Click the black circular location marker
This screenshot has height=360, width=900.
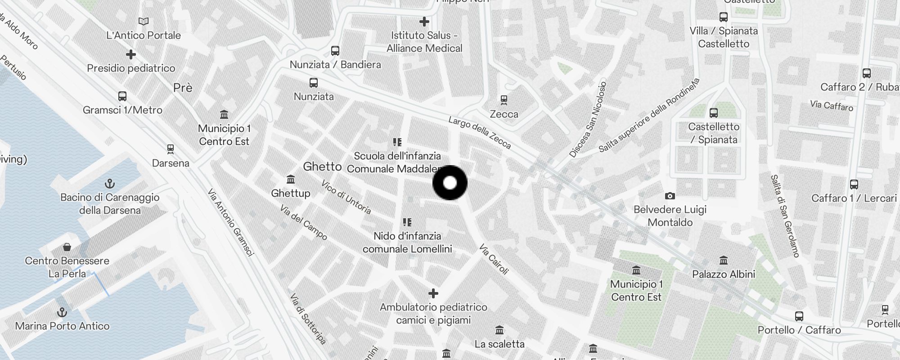pos(450,183)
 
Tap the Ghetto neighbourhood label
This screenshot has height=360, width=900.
pos(322,166)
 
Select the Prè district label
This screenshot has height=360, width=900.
pos(183,88)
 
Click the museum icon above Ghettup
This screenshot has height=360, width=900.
pos(291,180)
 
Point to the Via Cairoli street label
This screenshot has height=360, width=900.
pos(494,259)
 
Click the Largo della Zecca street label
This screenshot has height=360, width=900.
pos(480,133)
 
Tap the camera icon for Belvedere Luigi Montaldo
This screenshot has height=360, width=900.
pos(670,196)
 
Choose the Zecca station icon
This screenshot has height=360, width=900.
pos(504,100)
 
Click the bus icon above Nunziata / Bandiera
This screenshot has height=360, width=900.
pos(335,50)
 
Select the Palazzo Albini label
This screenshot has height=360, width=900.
pos(724,274)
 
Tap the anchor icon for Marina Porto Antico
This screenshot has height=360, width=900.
pos(62,312)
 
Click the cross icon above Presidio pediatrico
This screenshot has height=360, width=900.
pos(131,54)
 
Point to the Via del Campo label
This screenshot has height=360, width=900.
pos(303,222)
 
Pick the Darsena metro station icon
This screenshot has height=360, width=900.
pos(170,149)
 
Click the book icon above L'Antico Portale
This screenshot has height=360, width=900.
pos(144,21)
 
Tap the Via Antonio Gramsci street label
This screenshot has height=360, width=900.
pos(231,222)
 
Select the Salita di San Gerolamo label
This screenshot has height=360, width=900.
pos(785,216)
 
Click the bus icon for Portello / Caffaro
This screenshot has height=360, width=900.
pos(799,316)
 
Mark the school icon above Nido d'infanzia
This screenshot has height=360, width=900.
pos(407,222)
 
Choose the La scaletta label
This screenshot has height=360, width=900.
pos(499,344)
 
